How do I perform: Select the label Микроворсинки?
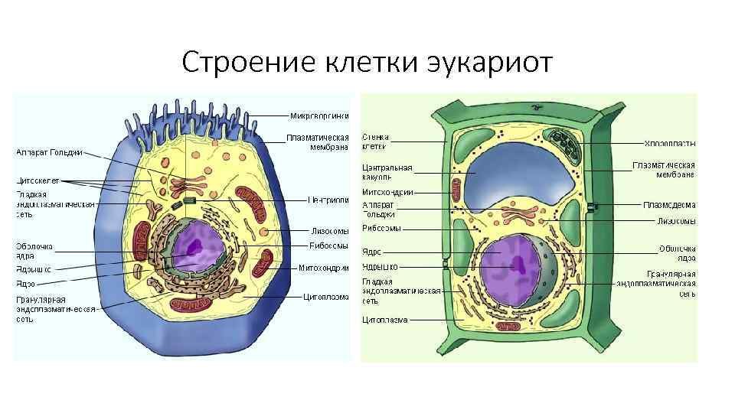319,115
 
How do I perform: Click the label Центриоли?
328,201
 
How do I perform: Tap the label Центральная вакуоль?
387,172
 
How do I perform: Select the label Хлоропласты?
669,143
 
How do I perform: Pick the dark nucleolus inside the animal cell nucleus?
196,246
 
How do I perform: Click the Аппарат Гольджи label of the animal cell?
50,152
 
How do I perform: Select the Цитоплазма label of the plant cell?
385,320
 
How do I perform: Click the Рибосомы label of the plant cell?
381,228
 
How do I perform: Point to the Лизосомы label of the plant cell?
676,221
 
